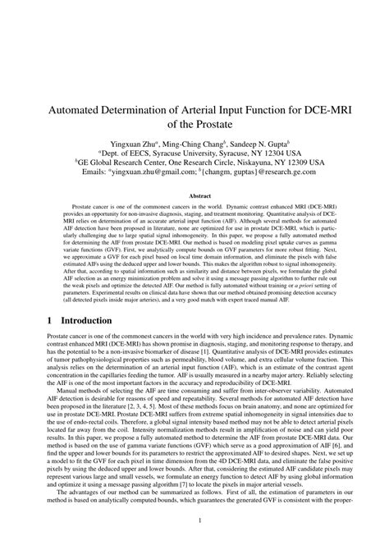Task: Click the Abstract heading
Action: pos(194,196)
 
